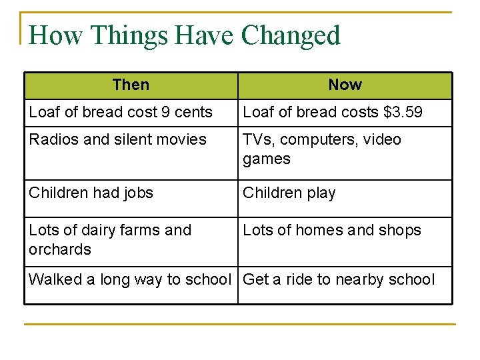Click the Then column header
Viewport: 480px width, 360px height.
[x=131, y=85]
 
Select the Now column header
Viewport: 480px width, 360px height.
[x=345, y=85]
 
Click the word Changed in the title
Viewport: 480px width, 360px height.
[x=291, y=35]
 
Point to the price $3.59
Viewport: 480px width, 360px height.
[x=403, y=112]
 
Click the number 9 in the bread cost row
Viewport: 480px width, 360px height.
[x=166, y=112]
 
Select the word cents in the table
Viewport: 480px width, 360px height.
[x=194, y=112]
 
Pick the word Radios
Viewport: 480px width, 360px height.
[x=52, y=139]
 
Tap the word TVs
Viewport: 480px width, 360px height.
[x=257, y=139]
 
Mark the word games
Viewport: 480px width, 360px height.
[x=267, y=159]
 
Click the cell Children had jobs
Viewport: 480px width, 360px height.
[x=91, y=193]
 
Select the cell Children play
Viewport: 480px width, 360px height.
[x=289, y=193]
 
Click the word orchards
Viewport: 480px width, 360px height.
[x=59, y=249]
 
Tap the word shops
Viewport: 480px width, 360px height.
[x=399, y=231]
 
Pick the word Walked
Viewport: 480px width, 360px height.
[x=55, y=279]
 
